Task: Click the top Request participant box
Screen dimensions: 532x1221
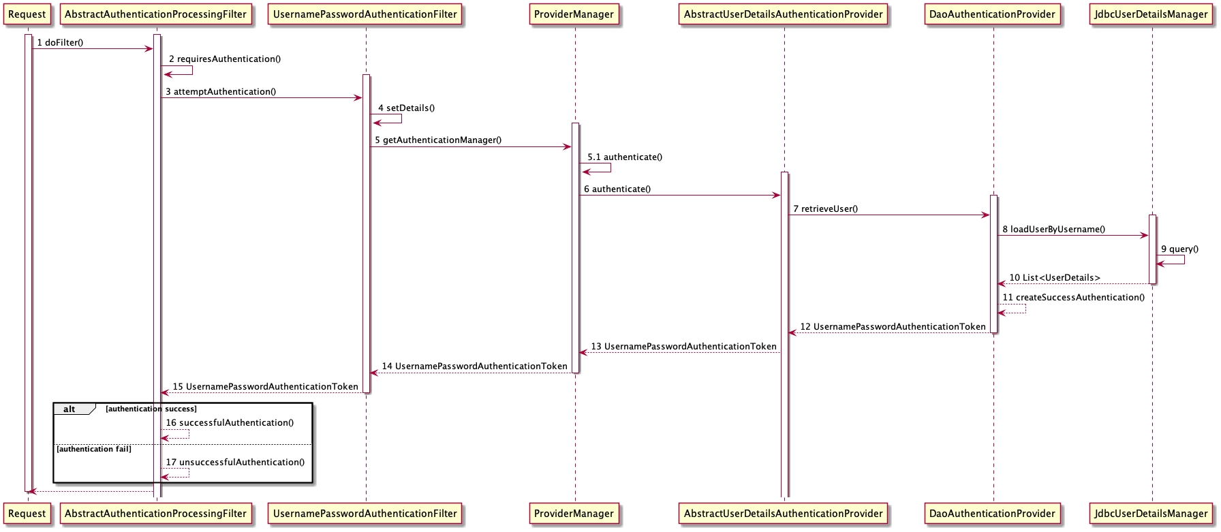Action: point(27,14)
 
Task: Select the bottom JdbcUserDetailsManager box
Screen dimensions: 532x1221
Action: point(1151,514)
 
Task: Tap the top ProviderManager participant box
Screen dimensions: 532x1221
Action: point(574,14)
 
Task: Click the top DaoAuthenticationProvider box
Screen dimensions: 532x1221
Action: point(992,14)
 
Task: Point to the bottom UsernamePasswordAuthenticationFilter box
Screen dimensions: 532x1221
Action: point(365,514)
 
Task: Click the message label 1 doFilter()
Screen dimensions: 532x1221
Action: point(60,43)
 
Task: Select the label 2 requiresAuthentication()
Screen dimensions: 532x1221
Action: point(225,59)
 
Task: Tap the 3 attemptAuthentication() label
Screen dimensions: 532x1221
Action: point(221,92)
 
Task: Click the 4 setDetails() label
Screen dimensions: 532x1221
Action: point(406,108)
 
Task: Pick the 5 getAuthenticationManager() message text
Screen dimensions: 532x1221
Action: point(438,140)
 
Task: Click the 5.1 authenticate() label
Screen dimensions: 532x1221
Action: point(625,157)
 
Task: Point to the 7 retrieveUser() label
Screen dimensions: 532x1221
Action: point(825,209)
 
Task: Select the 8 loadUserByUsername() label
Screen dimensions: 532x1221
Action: point(1053,230)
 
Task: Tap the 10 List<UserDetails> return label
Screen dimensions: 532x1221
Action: point(1054,278)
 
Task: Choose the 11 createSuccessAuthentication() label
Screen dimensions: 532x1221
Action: point(1073,298)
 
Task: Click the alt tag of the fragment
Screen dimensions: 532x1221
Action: point(69,409)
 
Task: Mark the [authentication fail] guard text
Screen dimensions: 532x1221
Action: point(94,449)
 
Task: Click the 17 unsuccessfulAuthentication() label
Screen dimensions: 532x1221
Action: point(235,463)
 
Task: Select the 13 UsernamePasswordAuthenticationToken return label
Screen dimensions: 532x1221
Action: point(683,347)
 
